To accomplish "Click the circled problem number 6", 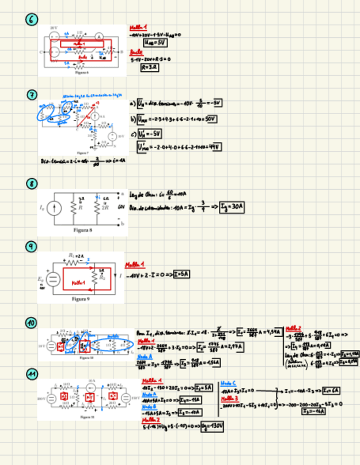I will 32,20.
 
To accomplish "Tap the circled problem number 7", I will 32,95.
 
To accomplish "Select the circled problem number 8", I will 32,183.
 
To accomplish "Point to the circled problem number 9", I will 32,247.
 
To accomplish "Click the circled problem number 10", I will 32,322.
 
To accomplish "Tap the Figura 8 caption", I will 82,230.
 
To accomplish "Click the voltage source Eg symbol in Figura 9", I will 53,279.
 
